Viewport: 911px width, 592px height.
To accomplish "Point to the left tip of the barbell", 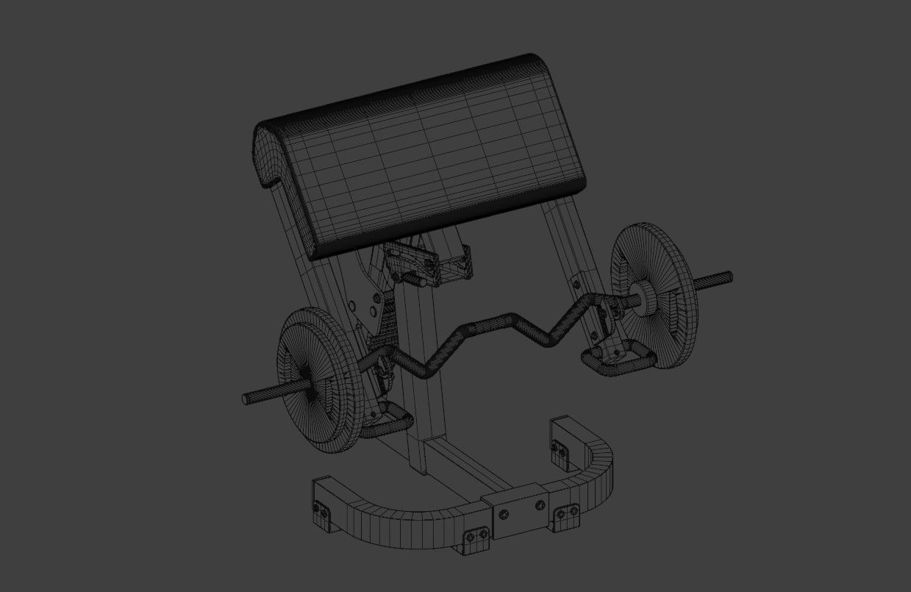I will coord(246,399).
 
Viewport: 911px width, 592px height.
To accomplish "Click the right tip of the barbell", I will coord(729,277).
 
